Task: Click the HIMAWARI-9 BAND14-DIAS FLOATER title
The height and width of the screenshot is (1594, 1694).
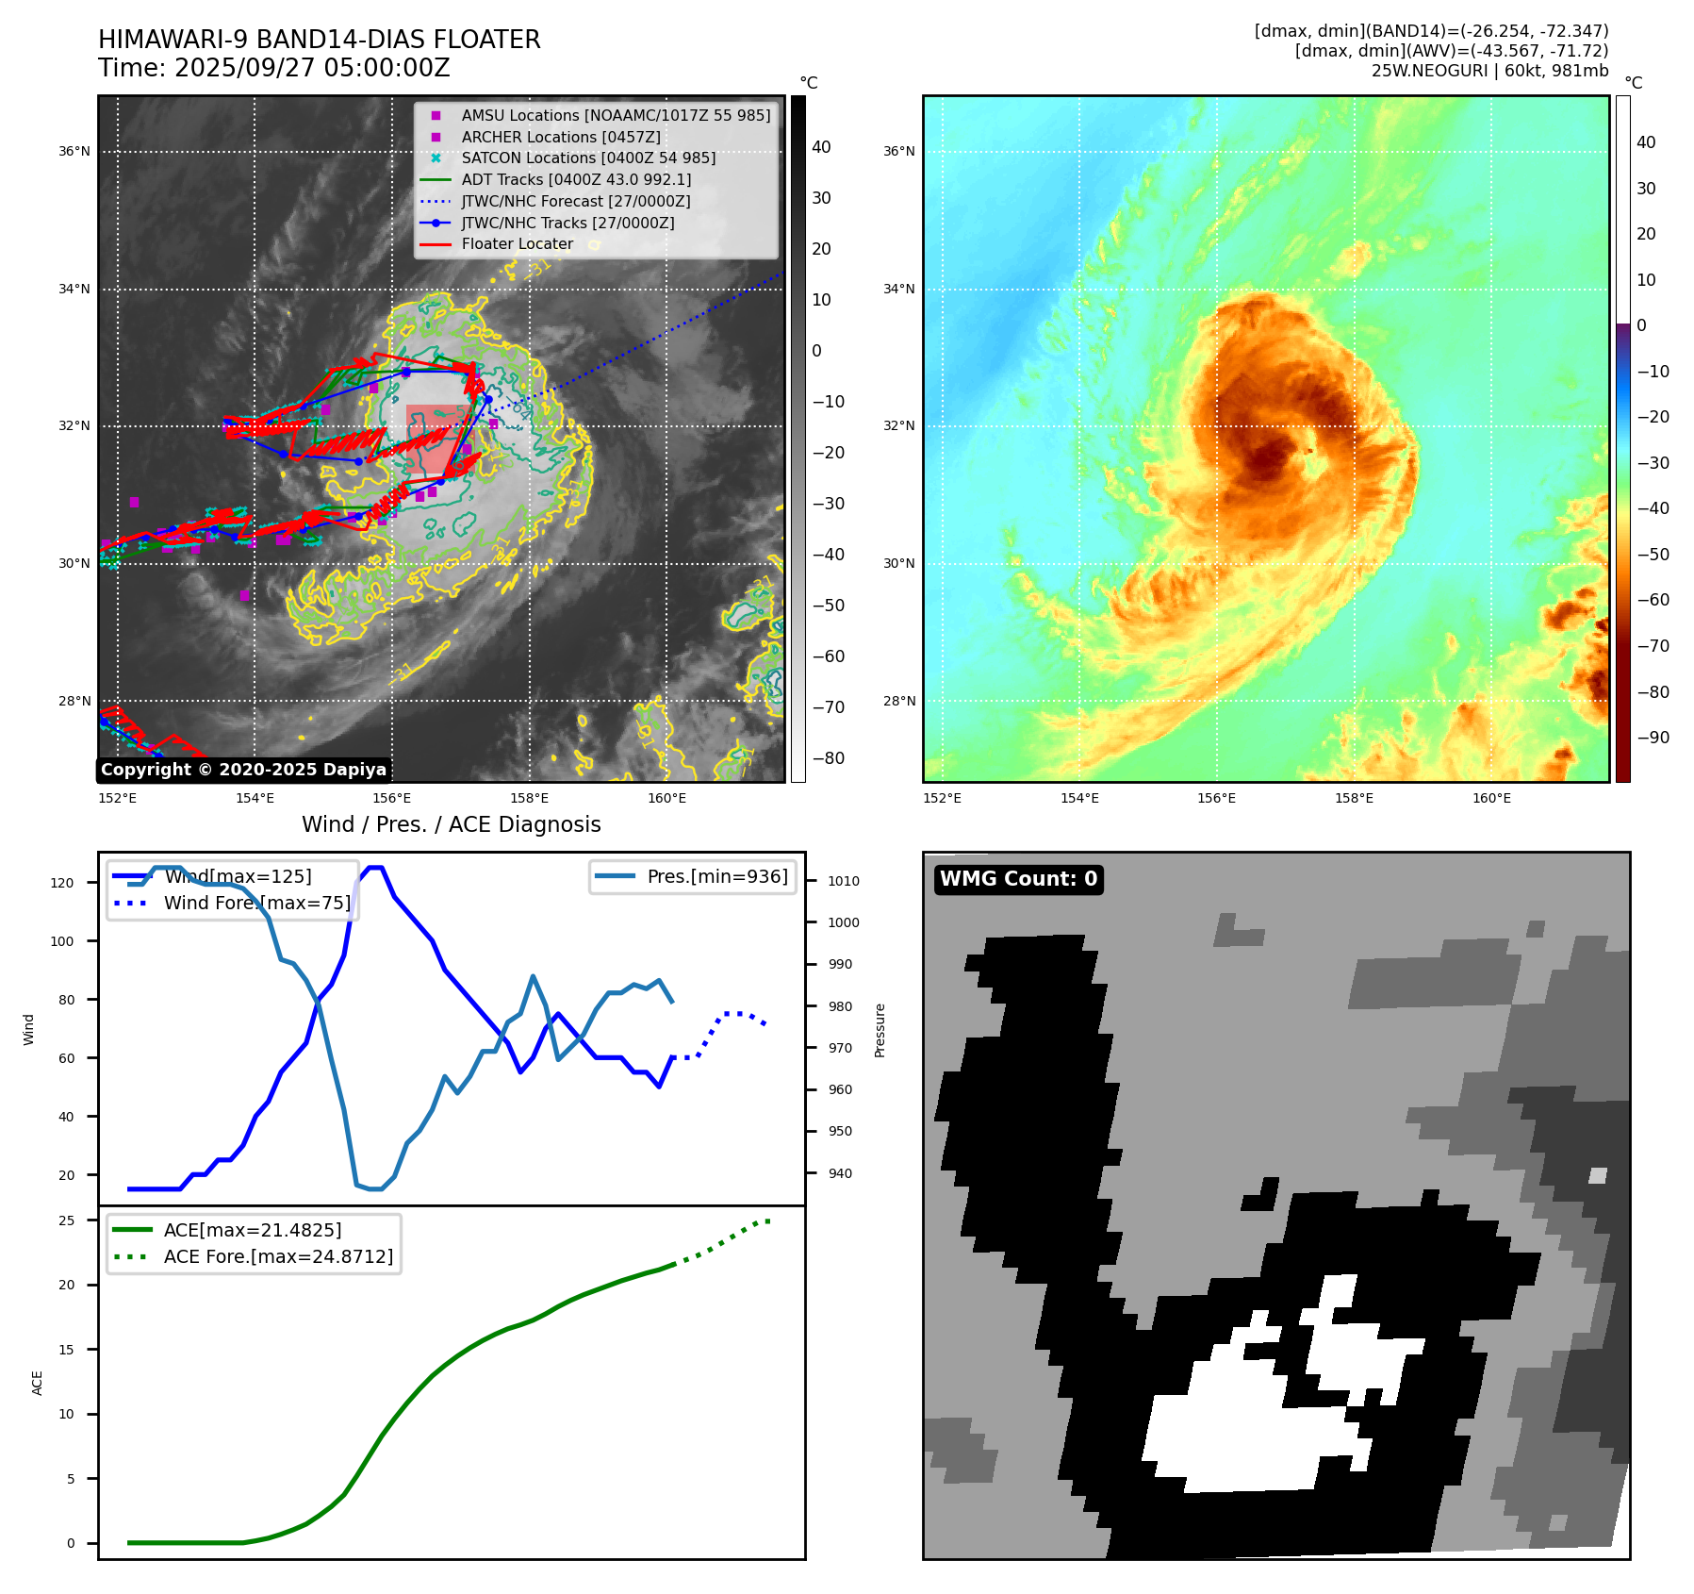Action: pos(319,40)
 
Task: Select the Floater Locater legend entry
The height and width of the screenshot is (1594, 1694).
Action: pos(517,243)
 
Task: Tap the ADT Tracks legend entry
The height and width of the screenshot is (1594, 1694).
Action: pos(576,179)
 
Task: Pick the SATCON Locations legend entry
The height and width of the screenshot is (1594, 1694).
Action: pos(588,158)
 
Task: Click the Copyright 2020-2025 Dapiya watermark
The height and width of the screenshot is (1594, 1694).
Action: pos(243,770)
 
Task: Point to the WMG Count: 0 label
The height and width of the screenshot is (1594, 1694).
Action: pos(1018,879)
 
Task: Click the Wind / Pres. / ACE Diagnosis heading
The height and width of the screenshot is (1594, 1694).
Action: pos(451,824)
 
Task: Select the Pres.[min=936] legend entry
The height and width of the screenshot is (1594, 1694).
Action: pos(716,876)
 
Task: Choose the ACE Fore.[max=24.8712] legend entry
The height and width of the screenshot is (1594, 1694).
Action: pos(278,1256)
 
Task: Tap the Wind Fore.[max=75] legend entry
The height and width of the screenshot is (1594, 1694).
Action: pos(256,903)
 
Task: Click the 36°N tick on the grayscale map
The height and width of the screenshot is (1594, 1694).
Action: pos(74,151)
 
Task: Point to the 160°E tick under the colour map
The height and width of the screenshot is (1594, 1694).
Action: pos(1491,798)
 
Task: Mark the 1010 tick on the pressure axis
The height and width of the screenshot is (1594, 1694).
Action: pos(843,881)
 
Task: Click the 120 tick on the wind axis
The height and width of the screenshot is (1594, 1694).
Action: pos(62,883)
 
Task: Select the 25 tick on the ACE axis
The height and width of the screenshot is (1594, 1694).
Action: pos(67,1220)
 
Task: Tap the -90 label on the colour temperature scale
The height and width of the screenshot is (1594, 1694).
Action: pos(1653,738)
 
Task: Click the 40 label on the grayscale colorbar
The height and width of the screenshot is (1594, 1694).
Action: pos(821,147)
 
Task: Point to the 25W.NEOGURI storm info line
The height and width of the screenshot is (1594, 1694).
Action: pos(1489,71)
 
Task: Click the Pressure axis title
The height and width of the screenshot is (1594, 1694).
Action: pos(880,1030)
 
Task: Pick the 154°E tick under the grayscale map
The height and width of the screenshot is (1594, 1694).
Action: pos(255,798)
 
